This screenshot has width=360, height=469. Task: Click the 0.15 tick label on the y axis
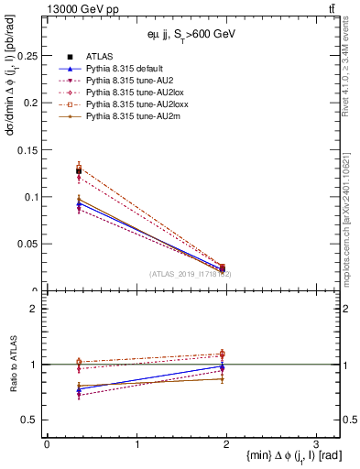pyautogui.click(x=29, y=150)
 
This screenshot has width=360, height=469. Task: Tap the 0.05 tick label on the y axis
pyautogui.click(x=29, y=244)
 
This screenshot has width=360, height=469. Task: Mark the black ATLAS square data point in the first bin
pyautogui.click(x=79, y=171)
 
